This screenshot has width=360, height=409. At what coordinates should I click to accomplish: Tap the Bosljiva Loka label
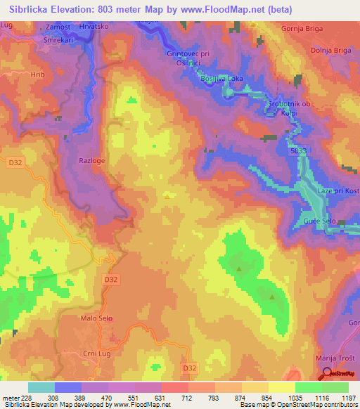(x=221, y=78)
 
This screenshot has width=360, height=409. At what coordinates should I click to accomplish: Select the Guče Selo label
(x=318, y=221)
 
